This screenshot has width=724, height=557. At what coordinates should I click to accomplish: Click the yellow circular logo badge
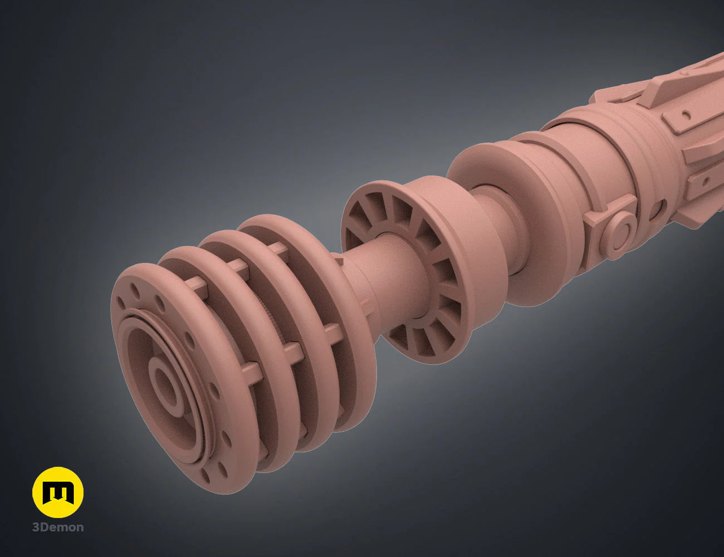pos(58,492)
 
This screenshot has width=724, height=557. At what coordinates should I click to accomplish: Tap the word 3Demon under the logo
pos(58,527)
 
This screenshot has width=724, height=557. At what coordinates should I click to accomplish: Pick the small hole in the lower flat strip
pos(705,182)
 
